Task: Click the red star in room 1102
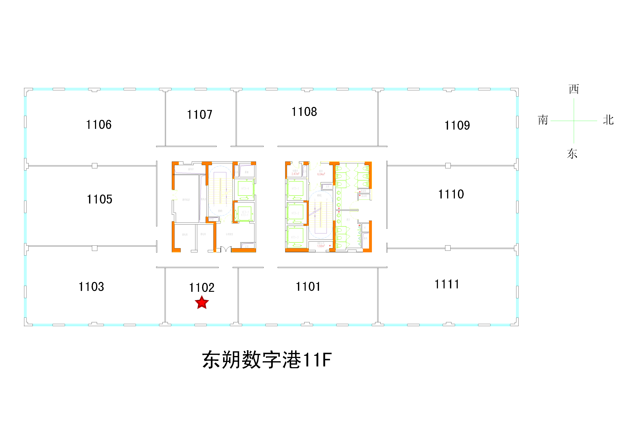[x=202, y=302]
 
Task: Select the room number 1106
[x=99, y=125]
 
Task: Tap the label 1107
[x=200, y=114]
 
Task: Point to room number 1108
[x=304, y=112]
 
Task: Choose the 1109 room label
[x=457, y=125]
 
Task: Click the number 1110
[x=451, y=194]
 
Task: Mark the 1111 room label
[x=447, y=284]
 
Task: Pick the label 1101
[x=308, y=287]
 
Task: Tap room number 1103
[x=91, y=287]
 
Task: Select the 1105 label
[x=99, y=199]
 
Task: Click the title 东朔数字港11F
[x=267, y=360]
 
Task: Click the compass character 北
[x=608, y=120]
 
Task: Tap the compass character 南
[x=543, y=120]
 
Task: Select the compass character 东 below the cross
[x=572, y=154]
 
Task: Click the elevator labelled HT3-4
[x=245, y=189]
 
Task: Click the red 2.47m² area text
[x=295, y=174]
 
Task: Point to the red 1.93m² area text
[x=321, y=246]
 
